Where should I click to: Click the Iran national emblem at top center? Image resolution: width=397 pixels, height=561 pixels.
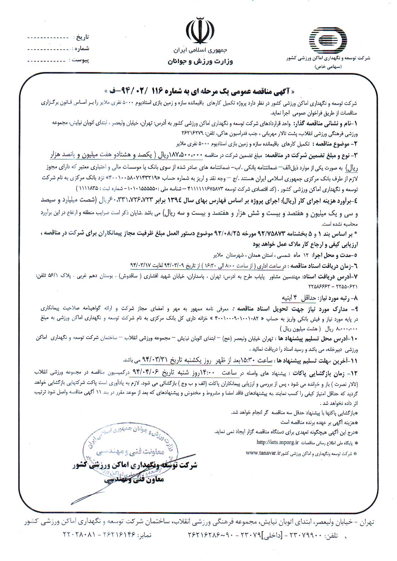pyautogui.click(x=200, y=31)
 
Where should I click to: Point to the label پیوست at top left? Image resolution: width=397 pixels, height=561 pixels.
pyautogui.click(x=80, y=60)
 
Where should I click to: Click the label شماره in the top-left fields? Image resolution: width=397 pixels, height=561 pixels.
pyautogui.click(x=82, y=49)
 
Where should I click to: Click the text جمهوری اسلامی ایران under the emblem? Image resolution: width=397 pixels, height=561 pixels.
pyautogui.click(x=200, y=51)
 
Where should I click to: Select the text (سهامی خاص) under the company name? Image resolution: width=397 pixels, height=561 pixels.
pyautogui.click(x=328, y=67)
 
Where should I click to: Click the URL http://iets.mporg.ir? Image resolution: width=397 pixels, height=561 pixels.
pyautogui.click(x=278, y=443)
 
